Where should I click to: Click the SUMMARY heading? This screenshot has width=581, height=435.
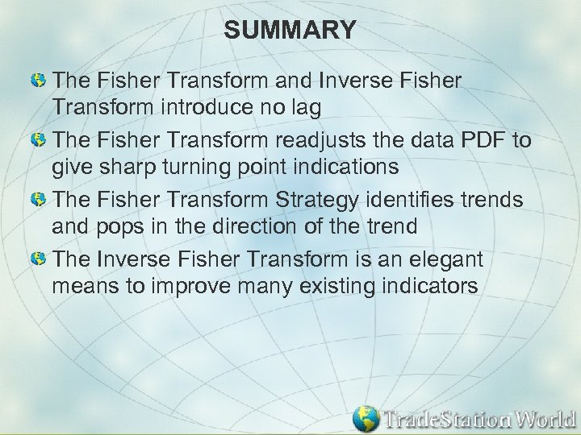pyautogui.click(x=290, y=31)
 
